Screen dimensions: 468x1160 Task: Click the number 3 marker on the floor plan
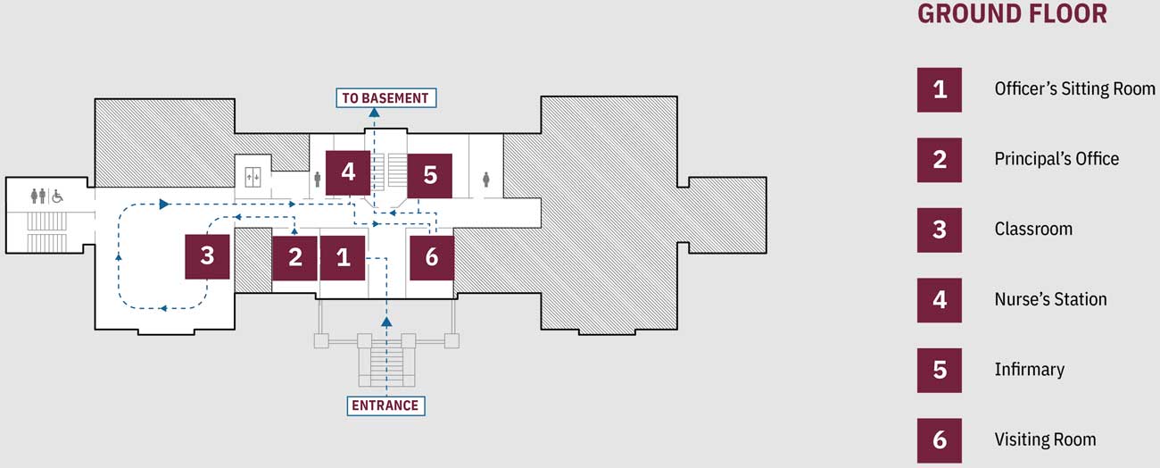pyautogui.click(x=207, y=256)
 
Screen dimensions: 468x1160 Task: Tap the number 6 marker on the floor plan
pyautogui.click(x=432, y=257)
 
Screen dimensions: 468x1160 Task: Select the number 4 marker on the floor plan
pyautogui.click(x=348, y=172)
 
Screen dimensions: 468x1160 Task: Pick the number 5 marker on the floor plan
pyautogui.click(x=430, y=175)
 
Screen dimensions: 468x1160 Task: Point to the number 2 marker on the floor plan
pyautogui.click(x=295, y=258)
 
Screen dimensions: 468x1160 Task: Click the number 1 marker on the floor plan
pyautogui.click(x=344, y=258)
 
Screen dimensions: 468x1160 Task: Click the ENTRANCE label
pyautogui.click(x=385, y=405)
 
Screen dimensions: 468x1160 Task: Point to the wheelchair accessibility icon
pyautogui.click(x=57, y=195)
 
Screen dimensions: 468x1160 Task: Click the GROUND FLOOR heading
pyautogui.click(x=1012, y=14)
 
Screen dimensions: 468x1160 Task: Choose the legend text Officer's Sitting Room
pyautogui.click(x=1074, y=88)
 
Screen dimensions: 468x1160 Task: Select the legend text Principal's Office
pyautogui.click(x=1056, y=159)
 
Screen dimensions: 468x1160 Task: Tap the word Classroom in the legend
pyautogui.click(x=1033, y=229)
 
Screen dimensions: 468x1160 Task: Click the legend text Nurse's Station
pyautogui.click(x=1050, y=299)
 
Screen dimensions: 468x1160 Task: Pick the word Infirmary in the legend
pyautogui.click(x=1029, y=369)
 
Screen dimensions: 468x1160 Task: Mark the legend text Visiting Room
pyautogui.click(x=1045, y=439)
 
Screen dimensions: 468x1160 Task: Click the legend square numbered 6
pyautogui.click(x=940, y=439)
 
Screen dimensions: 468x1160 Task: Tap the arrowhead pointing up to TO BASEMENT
pyautogui.click(x=374, y=113)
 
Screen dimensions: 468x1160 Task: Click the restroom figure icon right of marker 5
pyautogui.click(x=486, y=179)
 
